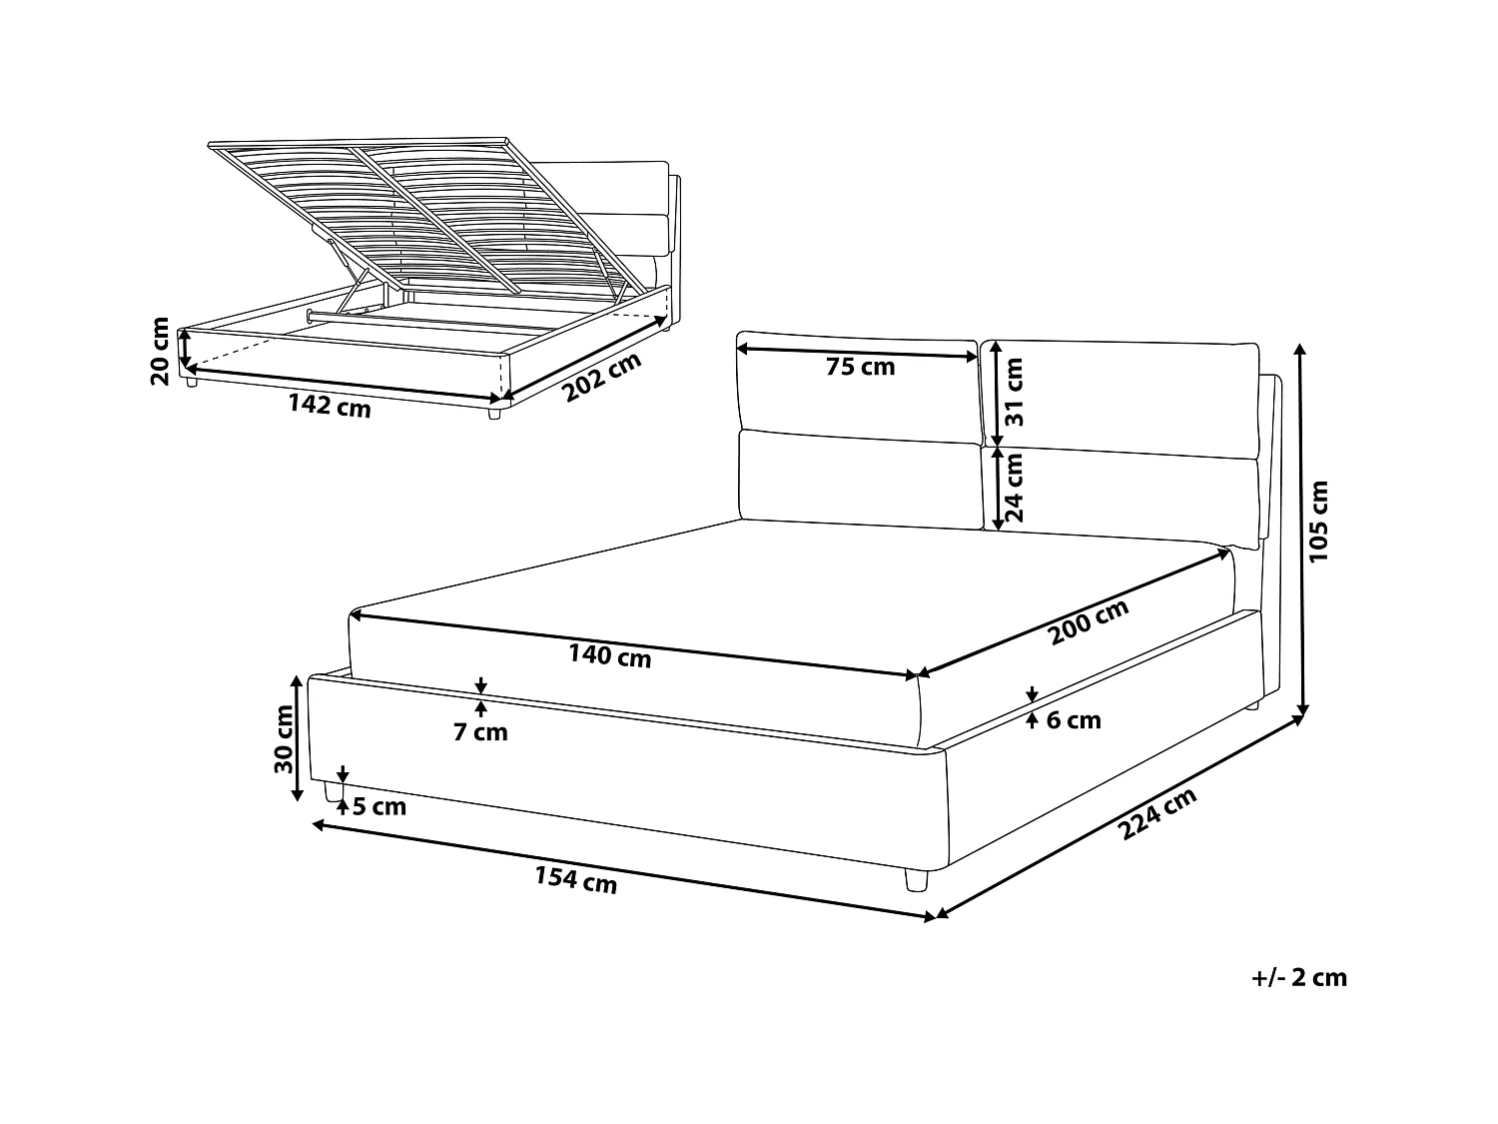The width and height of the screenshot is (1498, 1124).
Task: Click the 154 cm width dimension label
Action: pyautogui.click(x=576, y=880)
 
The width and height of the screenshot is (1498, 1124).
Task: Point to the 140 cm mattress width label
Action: pyautogui.click(x=609, y=656)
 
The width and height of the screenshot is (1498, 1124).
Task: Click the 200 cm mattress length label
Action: pyautogui.click(x=1089, y=622)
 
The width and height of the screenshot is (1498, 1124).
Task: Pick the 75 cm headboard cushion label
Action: pyautogui.click(x=861, y=367)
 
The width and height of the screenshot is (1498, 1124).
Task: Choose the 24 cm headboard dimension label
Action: pyautogui.click(x=1015, y=487)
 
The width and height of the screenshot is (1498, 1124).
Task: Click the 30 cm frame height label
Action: pyautogui.click(x=285, y=738)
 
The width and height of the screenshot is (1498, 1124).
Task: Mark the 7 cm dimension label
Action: pyautogui.click(x=480, y=732)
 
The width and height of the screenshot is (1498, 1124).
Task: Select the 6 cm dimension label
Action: pyautogui.click(x=1074, y=719)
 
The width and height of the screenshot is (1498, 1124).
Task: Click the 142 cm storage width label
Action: pyautogui.click(x=330, y=406)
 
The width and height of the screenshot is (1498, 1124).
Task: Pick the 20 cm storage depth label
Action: pyautogui.click(x=161, y=351)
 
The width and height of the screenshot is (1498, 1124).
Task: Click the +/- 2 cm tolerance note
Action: pyautogui.click(x=1299, y=977)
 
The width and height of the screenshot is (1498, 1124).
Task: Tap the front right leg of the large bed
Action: pyautogui.click(x=915, y=879)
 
